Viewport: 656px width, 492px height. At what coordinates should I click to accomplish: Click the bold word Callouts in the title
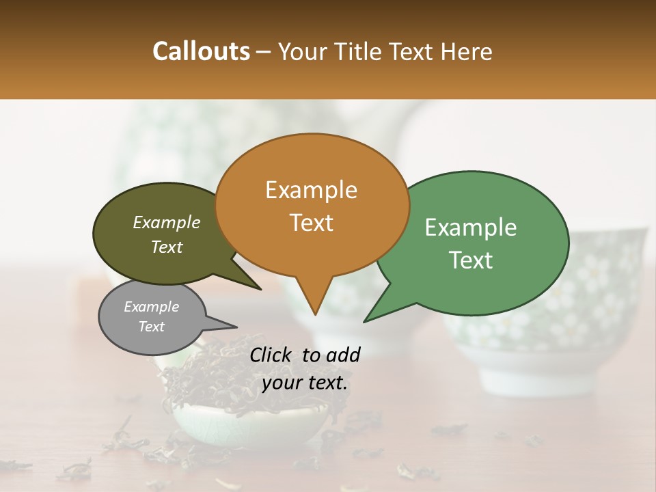[x=201, y=51]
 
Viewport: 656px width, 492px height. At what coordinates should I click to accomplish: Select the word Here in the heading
[x=467, y=52]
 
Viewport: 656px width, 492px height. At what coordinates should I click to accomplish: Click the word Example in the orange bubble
[x=311, y=190]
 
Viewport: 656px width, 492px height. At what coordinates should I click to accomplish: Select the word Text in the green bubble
[x=471, y=260]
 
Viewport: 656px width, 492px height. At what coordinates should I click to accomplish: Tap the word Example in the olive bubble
[x=166, y=222]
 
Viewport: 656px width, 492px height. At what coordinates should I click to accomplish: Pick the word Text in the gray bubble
[x=151, y=327]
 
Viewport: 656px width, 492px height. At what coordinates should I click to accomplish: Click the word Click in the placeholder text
[x=271, y=355]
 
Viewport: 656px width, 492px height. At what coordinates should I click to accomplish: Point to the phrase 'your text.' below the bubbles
[x=304, y=383]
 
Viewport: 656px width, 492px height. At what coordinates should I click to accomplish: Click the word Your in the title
[x=301, y=52]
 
